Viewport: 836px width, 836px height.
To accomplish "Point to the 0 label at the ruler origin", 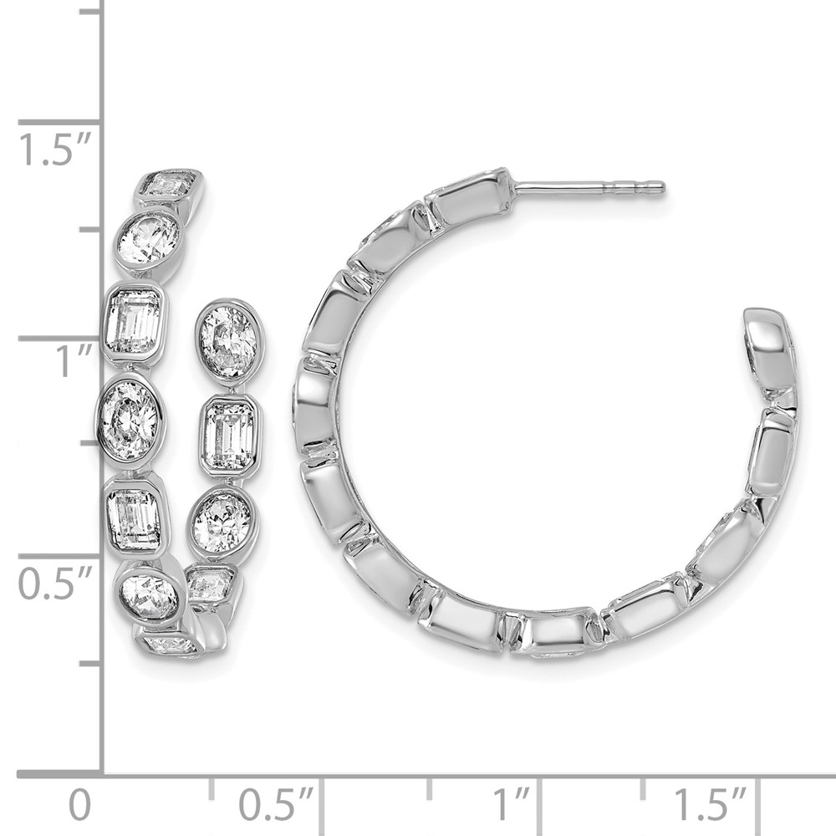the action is (x=80, y=806).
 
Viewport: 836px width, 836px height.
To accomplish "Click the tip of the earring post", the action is (x=663, y=186).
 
